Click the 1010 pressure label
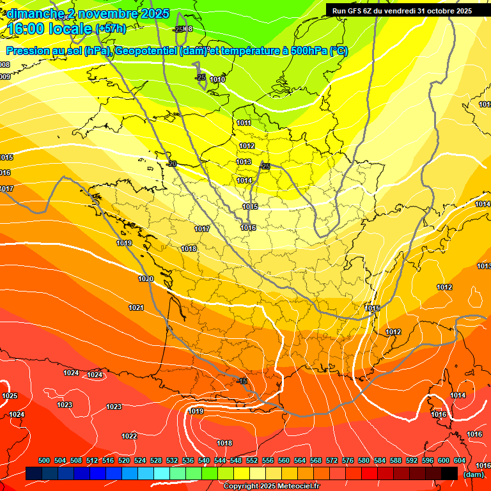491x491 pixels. [x=217, y=79]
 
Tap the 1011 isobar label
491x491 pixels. [x=244, y=123]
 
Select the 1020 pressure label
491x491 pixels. [x=146, y=279]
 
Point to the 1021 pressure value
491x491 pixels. [x=136, y=308]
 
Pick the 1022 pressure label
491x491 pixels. [x=129, y=436]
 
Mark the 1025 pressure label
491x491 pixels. [x=10, y=396]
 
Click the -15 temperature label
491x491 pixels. [x=242, y=381]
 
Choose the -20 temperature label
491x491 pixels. [x=171, y=164]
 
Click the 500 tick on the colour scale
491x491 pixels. [x=44, y=460]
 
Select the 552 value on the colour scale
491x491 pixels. [x=252, y=460]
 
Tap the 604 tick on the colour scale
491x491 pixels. [x=460, y=460]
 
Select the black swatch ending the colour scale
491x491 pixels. [x=449, y=473]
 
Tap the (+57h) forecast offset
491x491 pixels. [x=111, y=28]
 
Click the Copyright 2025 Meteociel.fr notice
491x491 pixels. [x=271, y=487]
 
